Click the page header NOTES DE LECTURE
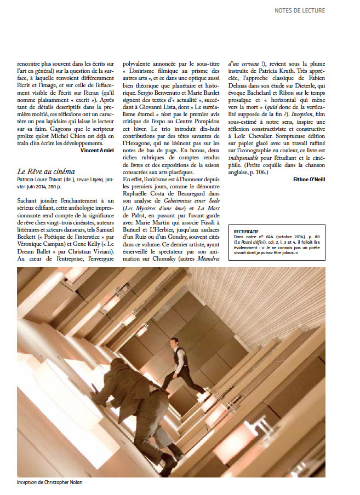(x=315, y=10)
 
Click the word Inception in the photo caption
(x=28, y=482)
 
